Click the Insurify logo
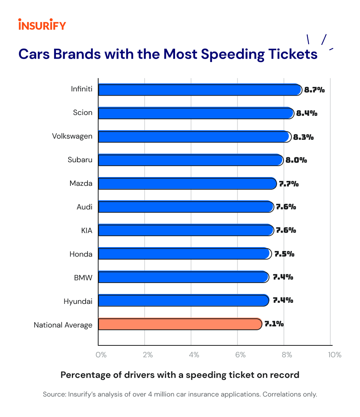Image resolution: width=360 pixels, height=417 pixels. click(42, 25)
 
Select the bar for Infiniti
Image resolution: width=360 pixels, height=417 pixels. click(200, 90)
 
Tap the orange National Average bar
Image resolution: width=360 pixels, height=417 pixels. click(180, 324)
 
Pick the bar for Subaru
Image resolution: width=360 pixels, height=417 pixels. click(190, 160)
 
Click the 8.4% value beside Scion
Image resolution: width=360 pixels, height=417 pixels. click(307, 113)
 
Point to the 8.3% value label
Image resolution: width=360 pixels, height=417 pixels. click(303, 137)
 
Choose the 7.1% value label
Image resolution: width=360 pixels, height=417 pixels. click(274, 324)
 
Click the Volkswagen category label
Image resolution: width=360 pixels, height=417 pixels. click(72, 136)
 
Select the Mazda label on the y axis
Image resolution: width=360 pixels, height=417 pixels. click(81, 184)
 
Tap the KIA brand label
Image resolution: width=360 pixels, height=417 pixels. click(87, 230)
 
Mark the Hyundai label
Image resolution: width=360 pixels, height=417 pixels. click(78, 302)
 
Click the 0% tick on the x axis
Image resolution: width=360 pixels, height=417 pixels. click(101, 355)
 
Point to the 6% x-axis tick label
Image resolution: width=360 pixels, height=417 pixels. click(240, 355)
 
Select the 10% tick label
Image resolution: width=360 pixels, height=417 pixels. click(335, 355)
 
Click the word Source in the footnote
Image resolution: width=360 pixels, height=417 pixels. click(54, 394)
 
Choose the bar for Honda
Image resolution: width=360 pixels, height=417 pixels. click(185, 254)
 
